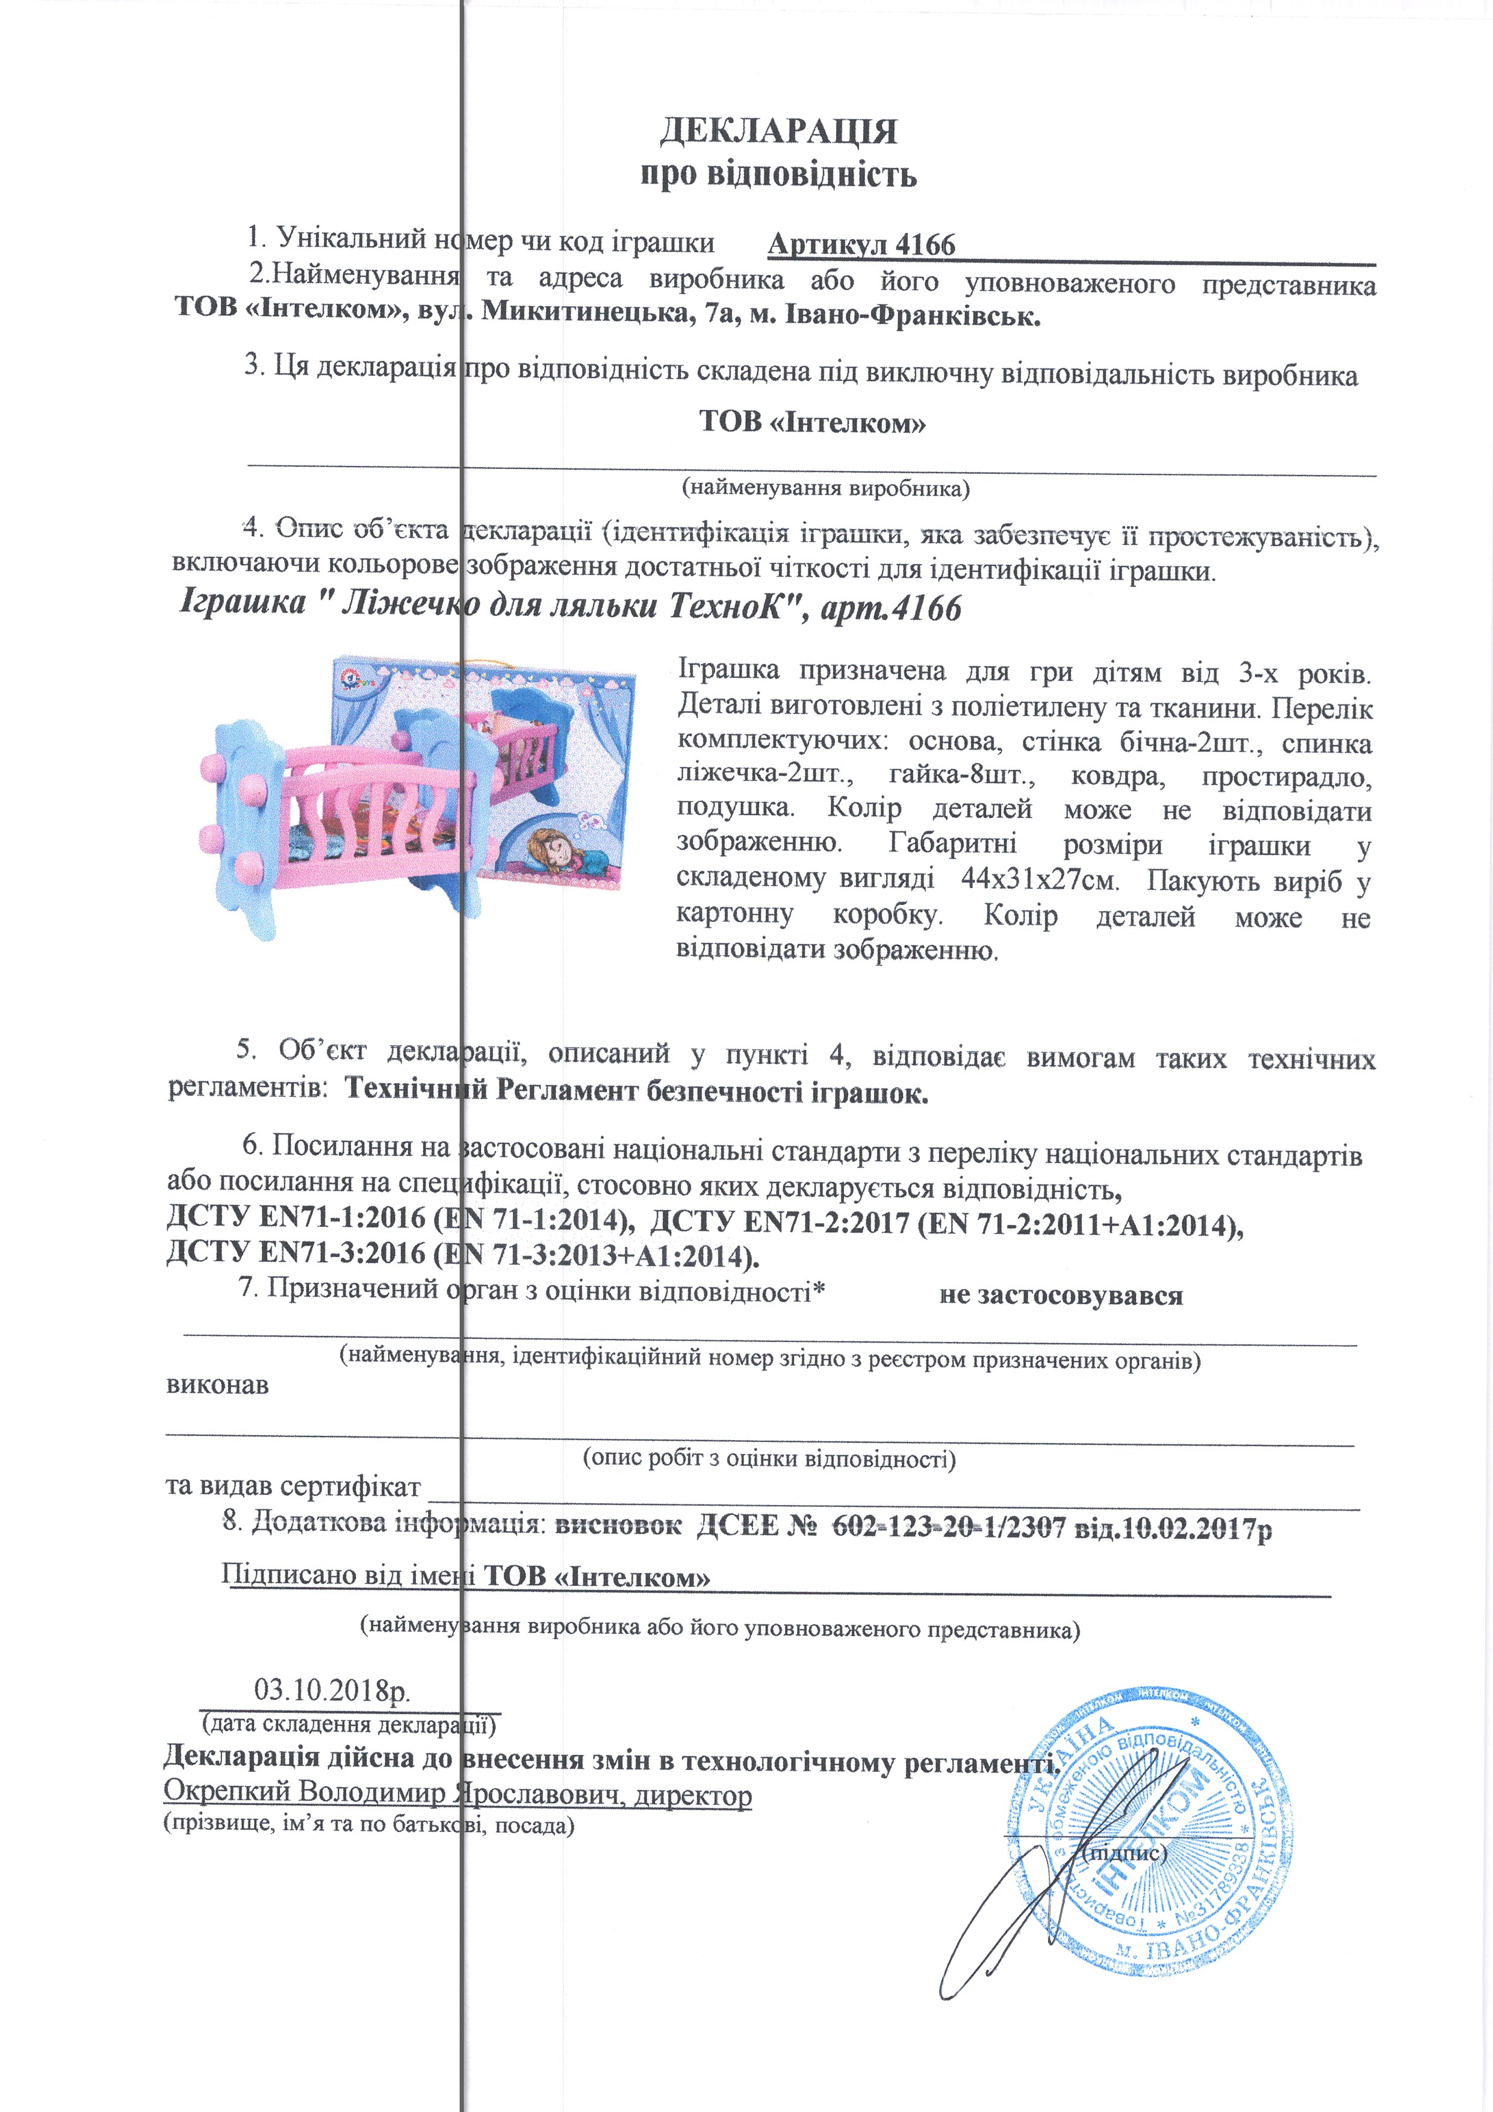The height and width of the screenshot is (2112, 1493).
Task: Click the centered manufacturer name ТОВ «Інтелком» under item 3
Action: point(812,423)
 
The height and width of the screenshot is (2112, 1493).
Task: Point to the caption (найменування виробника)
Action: point(825,488)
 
